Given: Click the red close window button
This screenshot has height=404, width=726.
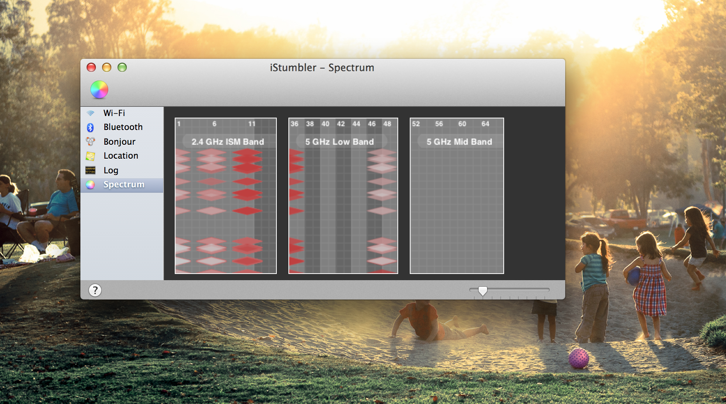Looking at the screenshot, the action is coord(91,67).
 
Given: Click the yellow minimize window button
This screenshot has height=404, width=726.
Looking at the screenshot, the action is coord(107,67).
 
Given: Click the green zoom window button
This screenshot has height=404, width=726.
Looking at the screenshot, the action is coord(122,67).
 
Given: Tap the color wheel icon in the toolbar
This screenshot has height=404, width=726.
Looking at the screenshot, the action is coord(99,89).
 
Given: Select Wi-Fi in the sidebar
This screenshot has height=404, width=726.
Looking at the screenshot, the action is coord(114,113).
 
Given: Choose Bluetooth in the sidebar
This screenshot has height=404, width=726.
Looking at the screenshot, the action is coord(123,127).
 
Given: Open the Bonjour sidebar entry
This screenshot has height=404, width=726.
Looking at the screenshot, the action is coord(119,142).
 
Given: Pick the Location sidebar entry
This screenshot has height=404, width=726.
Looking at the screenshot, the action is coord(121,156).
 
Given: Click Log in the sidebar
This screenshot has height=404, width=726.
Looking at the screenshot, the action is coord(111,170).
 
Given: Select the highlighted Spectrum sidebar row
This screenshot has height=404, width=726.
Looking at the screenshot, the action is coord(122,185).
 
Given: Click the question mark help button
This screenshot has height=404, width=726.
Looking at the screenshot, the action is coord(95,290).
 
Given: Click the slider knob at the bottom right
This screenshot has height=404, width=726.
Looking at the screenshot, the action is coord(483,291).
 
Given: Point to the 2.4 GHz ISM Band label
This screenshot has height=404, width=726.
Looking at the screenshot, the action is coord(228,142).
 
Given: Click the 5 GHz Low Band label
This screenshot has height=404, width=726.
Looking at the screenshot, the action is coord(339,142).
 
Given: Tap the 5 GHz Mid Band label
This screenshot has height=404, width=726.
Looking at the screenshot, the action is coord(459,142).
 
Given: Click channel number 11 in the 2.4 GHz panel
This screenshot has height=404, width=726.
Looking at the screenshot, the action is coord(252,124).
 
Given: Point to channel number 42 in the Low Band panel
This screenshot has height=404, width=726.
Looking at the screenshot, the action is coord(341,124).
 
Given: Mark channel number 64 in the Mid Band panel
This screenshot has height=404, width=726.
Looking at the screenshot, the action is coord(485,124).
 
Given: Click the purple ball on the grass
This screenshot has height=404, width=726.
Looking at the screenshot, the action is coord(579,358).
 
